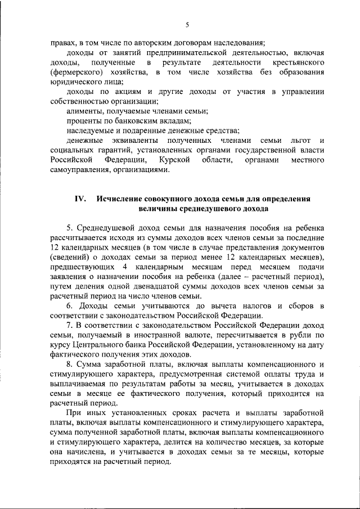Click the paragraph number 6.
tap(69, 306)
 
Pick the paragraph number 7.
tap(69, 327)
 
